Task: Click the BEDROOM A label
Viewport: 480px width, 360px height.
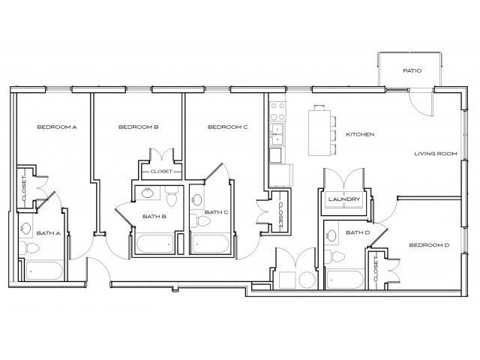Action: click(58, 127)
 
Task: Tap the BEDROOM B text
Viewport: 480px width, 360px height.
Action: click(139, 127)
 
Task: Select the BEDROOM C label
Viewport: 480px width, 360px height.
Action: click(227, 127)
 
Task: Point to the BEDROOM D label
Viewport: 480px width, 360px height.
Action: click(429, 245)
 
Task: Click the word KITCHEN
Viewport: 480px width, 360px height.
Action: click(359, 135)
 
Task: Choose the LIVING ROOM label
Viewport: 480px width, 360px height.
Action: click(436, 154)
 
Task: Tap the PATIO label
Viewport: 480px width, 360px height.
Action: click(412, 71)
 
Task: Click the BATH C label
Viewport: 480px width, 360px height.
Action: click(216, 212)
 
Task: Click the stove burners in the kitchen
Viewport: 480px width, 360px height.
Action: click(277, 112)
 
